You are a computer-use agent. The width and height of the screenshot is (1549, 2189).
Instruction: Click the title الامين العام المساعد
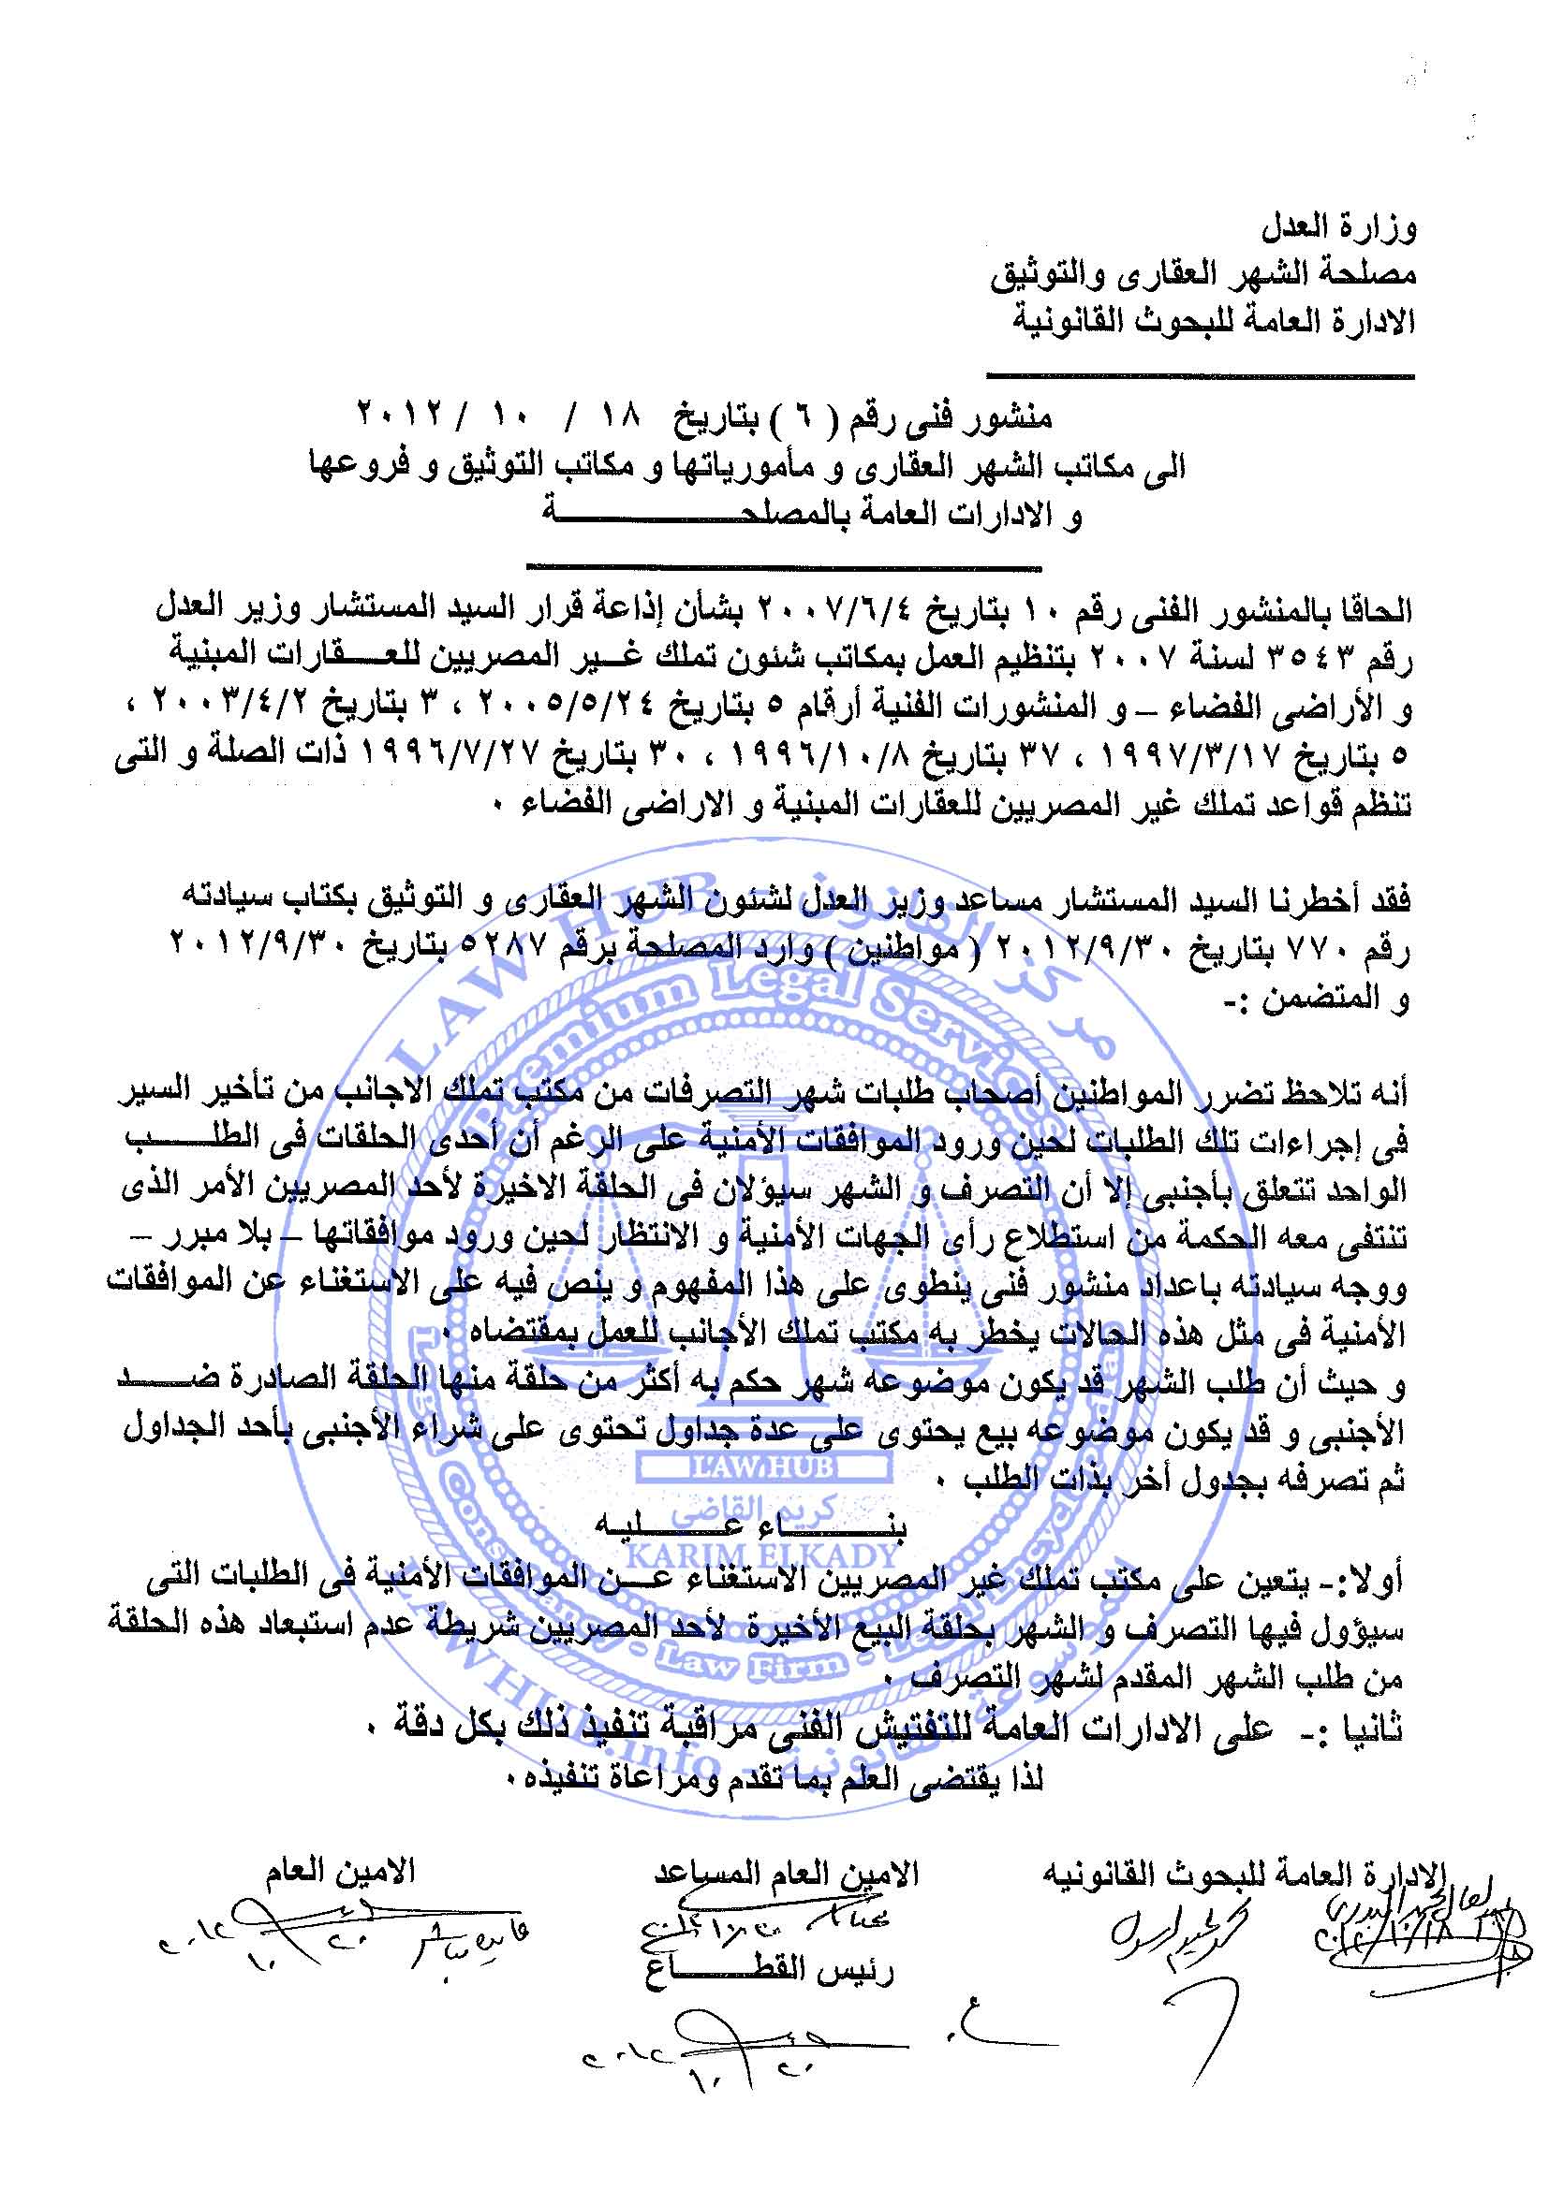[786, 1873]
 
